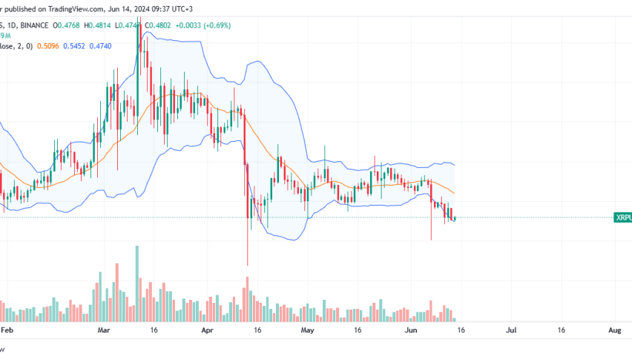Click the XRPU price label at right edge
[x=622, y=218]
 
